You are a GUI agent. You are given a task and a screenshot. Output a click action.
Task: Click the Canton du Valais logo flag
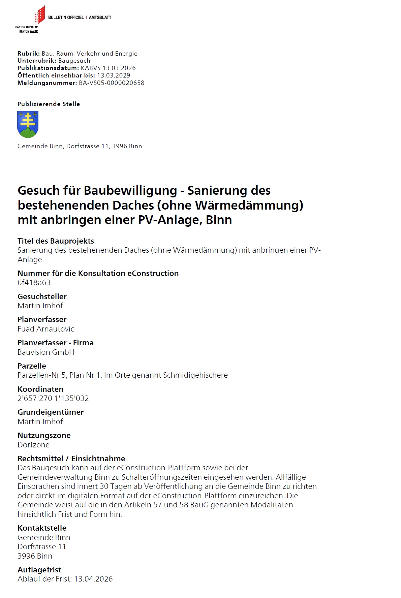[x=40, y=15]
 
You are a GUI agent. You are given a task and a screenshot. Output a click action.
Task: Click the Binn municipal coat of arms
[x=28, y=124]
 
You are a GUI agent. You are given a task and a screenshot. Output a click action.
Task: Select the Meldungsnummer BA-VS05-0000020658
[x=112, y=83]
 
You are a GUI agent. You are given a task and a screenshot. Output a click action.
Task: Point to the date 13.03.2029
[x=114, y=75]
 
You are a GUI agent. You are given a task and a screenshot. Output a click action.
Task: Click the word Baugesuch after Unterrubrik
[x=74, y=61]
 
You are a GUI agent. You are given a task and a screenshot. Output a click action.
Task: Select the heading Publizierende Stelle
[x=49, y=104]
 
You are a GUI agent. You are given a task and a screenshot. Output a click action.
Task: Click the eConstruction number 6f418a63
[x=34, y=282]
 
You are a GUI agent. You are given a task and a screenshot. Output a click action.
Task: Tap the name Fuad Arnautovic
[x=46, y=329]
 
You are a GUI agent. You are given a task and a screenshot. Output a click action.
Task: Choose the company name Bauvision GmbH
[x=46, y=352]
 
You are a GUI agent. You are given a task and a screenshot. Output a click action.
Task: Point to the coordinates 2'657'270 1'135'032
[x=53, y=398]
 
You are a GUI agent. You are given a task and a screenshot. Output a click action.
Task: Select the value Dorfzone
[x=34, y=445]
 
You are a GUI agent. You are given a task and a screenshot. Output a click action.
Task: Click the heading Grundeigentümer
[x=51, y=412]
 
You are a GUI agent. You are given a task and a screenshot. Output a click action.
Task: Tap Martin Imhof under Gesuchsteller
[x=40, y=306]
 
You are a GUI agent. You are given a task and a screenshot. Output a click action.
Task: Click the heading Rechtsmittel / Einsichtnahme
[x=71, y=459]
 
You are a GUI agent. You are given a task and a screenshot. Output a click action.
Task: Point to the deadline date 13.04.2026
[x=93, y=579]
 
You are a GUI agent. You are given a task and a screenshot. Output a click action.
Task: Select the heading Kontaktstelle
[x=42, y=528]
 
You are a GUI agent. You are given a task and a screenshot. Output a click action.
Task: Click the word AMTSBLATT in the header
[x=100, y=18]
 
